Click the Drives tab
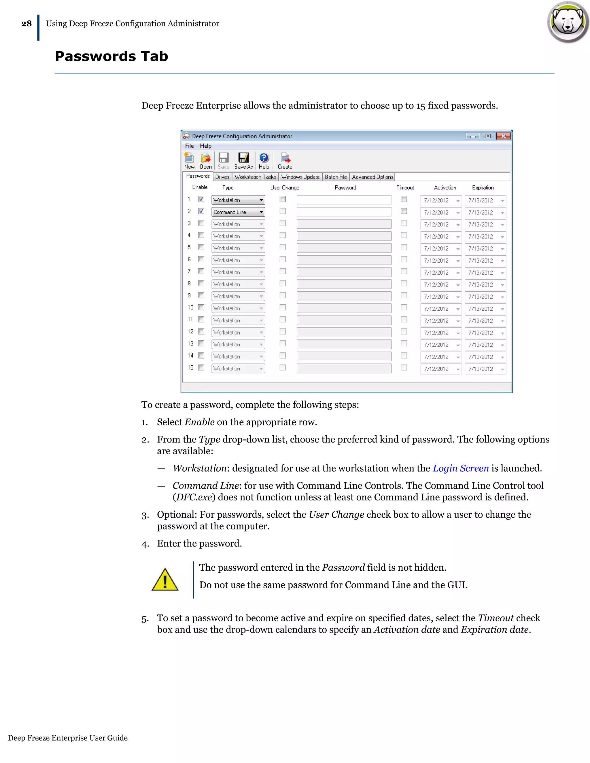[222, 177]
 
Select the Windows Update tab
[300, 177]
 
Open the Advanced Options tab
[372, 177]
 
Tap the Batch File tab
[336, 177]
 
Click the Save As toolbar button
[243, 161]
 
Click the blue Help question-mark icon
[264, 158]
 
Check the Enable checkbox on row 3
[201, 223]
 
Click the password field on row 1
[344, 200]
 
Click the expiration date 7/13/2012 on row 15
[481, 369]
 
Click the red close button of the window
[503, 136]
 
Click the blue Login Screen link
[461, 468]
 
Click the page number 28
[27, 24]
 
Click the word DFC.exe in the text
[194, 498]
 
